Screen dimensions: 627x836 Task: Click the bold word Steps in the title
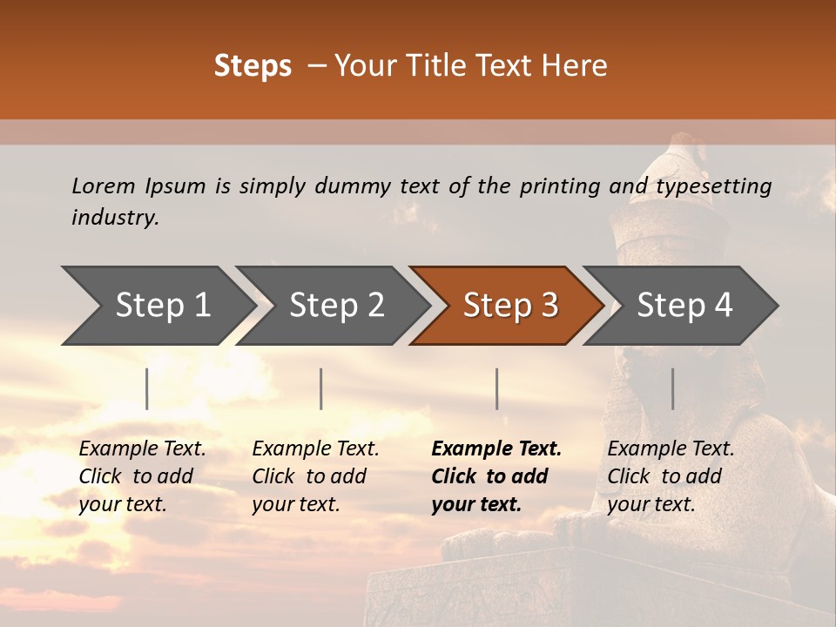[253, 66]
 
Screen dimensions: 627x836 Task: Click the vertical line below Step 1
[147, 388]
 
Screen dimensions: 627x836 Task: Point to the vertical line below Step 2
[321, 388]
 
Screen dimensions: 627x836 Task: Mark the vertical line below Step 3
[497, 388]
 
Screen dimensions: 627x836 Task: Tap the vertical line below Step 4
[672, 388]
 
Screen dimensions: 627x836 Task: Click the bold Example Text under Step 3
[496, 476]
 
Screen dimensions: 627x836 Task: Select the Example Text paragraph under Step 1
[142, 476]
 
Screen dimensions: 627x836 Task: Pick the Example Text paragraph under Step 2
[315, 476]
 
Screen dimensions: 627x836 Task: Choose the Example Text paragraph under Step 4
[671, 476]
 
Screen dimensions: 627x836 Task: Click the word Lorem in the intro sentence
[104, 185]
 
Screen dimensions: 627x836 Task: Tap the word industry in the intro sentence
[115, 218]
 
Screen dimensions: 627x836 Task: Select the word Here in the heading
[574, 66]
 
